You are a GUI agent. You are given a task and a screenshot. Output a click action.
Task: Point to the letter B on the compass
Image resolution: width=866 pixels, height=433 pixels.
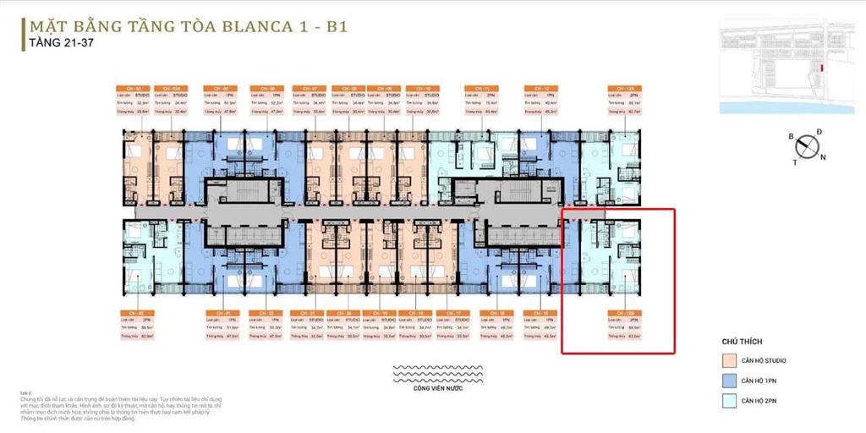pos(790,135)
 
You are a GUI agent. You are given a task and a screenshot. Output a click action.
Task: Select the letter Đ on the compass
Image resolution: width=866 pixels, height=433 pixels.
pos(819,132)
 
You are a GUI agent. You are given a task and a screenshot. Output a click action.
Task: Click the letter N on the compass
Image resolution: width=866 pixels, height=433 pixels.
pos(824,157)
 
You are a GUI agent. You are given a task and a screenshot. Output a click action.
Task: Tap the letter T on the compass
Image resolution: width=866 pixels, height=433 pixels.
pos(795,162)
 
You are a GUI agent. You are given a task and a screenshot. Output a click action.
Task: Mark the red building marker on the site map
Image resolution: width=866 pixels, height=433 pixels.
pos(819,68)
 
